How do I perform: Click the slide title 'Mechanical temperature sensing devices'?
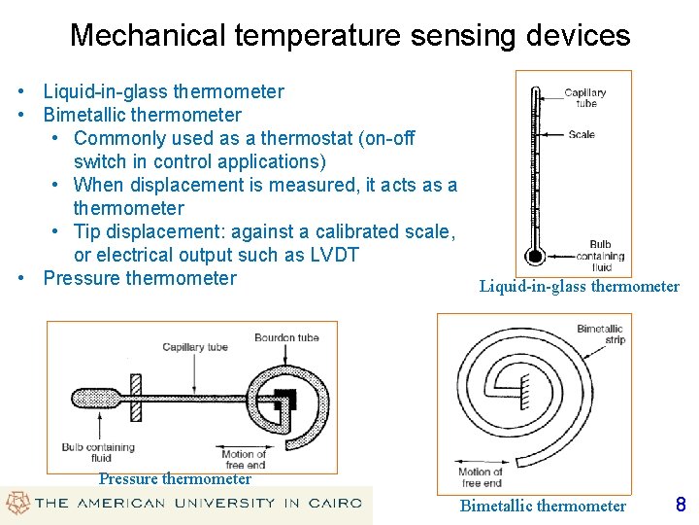[349, 36]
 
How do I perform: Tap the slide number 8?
[680, 505]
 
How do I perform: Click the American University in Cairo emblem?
[17, 503]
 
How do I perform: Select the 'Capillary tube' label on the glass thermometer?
[585, 97]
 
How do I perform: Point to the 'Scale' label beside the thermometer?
[582, 134]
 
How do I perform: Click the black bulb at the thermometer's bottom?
[533, 257]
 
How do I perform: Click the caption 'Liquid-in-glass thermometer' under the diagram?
[579, 286]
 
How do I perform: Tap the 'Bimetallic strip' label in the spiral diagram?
[600, 333]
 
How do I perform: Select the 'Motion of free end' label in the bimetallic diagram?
[481, 477]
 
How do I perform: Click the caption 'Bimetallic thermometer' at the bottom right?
[543, 506]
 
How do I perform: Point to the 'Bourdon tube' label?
[286, 338]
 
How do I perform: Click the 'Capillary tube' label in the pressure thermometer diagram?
[195, 347]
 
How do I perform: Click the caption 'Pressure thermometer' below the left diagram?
[175, 478]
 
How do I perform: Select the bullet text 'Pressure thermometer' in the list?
[140, 278]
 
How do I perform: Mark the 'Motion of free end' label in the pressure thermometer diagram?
[244, 459]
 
